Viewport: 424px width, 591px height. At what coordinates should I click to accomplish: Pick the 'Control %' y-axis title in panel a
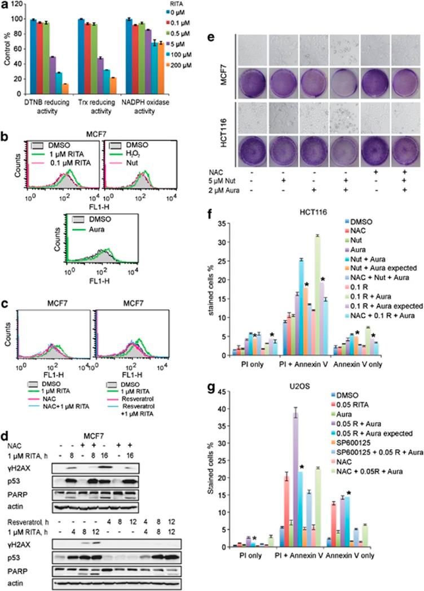pyautogui.click(x=7, y=52)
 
